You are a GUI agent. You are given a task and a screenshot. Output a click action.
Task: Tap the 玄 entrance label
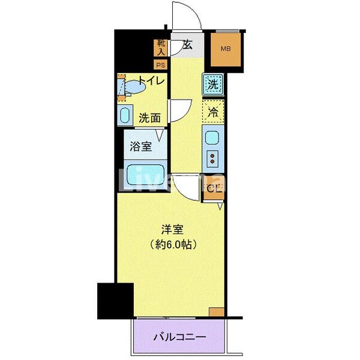pyautogui.click(x=188, y=45)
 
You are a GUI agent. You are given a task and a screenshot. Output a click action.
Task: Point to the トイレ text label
pyautogui.click(x=152, y=80)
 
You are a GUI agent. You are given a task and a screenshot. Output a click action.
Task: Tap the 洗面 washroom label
pyautogui.click(x=149, y=118)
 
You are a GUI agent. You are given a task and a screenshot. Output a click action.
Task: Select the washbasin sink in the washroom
pyautogui.click(x=126, y=115)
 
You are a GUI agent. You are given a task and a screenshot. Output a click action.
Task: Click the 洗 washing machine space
pyautogui.click(x=212, y=85)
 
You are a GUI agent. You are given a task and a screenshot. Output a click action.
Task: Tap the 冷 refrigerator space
pyautogui.click(x=212, y=111)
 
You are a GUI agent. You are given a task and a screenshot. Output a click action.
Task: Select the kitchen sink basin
pyautogui.click(x=212, y=139)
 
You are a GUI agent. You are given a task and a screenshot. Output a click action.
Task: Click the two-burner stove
pyautogui.click(x=212, y=159)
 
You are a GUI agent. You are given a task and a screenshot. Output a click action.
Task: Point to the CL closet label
pyautogui.click(x=213, y=189)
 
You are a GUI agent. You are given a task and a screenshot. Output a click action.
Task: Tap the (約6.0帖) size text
pyautogui.click(x=172, y=244)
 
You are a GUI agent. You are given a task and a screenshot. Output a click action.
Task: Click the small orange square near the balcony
pyautogui.click(x=217, y=311)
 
